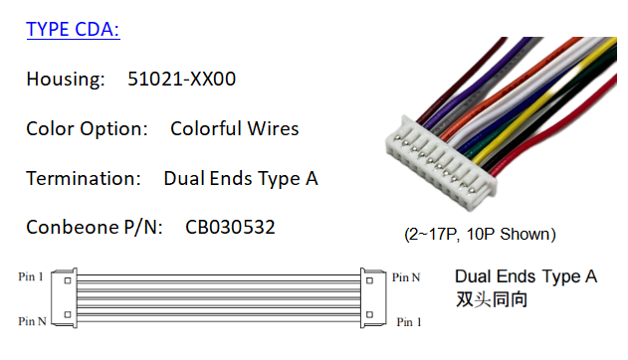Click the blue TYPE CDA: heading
click(73, 29)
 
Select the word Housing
click(65, 79)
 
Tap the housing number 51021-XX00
click(181, 79)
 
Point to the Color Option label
click(87, 128)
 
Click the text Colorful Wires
click(234, 128)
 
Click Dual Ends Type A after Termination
click(240, 178)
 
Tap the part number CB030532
click(230, 228)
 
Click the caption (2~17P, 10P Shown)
click(480, 235)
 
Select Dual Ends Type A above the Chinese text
click(525, 276)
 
